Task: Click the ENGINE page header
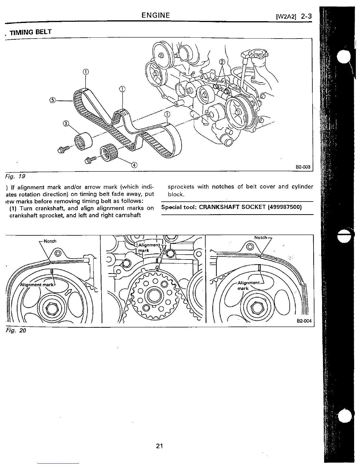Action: [x=156, y=15]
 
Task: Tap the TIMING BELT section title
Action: [x=31, y=32]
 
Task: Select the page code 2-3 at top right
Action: [x=306, y=16]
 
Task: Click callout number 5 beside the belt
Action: [x=52, y=100]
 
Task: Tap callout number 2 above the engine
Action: [x=222, y=62]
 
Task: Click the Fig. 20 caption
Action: [x=16, y=330]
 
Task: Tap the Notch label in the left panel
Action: [x=50, y=241]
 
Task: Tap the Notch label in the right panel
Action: [x=261, y=237]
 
